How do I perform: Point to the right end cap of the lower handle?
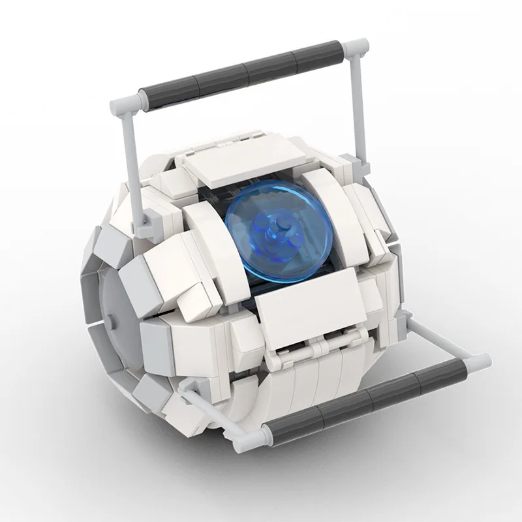(x=479, y=361)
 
